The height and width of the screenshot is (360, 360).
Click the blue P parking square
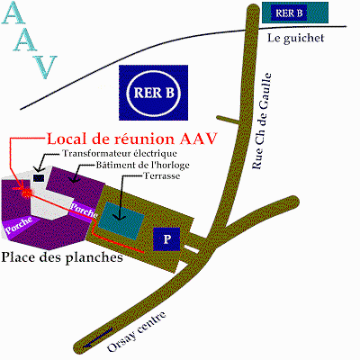[166, 239]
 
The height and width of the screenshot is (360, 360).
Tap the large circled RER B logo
[154, 93]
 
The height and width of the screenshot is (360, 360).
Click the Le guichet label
[296, 38]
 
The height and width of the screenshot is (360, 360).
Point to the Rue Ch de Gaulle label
[262, 121]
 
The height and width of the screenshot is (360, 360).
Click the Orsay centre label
[137, 332]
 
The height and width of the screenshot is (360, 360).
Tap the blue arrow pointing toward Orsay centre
[98, 338]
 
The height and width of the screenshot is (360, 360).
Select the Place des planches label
[62, 257]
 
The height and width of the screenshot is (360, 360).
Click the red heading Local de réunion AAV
[132, 139]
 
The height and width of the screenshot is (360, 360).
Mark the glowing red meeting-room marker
[27, 193]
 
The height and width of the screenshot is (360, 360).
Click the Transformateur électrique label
[120, 153]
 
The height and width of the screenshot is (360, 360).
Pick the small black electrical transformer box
[39, 177]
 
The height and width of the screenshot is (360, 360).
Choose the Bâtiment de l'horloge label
[142, 165]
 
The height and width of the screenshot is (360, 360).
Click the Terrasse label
[162, 175]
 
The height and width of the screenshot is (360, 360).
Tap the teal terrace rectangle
[121, 220]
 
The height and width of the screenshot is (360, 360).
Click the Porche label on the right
[84, 211]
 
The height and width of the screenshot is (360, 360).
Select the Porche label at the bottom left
[19, 225]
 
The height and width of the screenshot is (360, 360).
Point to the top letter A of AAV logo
[13, 13]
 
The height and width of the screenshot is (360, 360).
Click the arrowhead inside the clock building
[74, 179]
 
